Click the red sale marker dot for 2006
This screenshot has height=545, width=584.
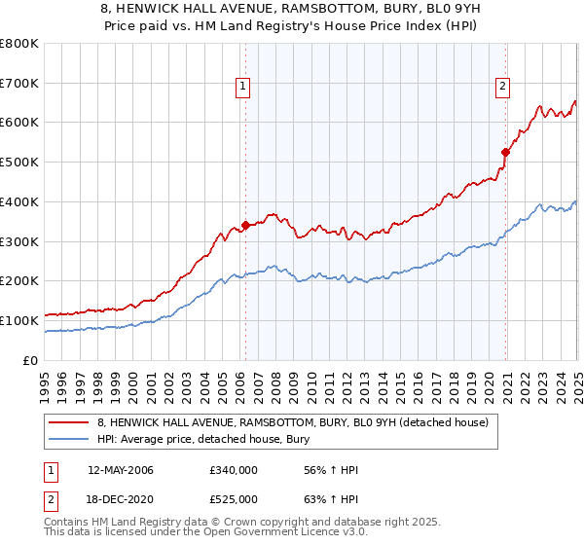click(x=245, y=225)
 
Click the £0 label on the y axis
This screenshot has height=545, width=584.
click(x=31, y=360)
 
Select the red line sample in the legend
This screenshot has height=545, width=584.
click(x=69, y=421)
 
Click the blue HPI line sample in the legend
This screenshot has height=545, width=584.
click(x=69, y=439)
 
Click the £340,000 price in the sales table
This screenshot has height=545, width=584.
click(x=233, y=470)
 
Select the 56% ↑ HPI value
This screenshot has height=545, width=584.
click(x=318, y=470)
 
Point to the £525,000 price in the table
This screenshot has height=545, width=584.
click(x=233, y=499)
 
